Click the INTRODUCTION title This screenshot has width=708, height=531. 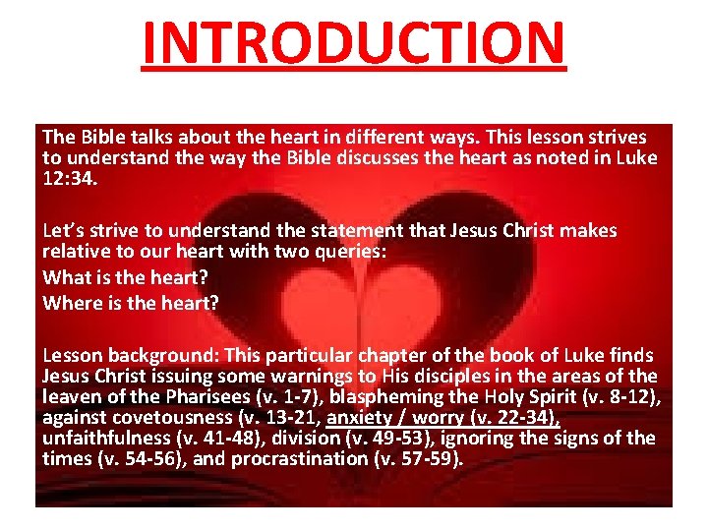point(354,42)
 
